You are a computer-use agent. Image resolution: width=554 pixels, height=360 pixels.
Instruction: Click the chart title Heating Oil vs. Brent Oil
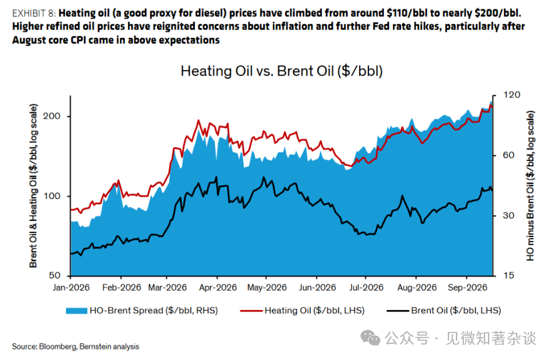282,71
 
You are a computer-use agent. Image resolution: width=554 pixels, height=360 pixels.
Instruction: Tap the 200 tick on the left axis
51,116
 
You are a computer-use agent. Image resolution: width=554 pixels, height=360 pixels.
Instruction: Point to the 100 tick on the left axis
51,196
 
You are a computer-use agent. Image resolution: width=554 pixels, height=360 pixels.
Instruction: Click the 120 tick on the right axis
511,95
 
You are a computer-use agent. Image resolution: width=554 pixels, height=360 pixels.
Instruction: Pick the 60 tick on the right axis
509,155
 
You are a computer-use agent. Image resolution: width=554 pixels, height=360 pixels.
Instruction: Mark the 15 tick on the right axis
509,275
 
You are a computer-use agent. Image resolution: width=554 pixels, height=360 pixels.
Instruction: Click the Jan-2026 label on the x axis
71,287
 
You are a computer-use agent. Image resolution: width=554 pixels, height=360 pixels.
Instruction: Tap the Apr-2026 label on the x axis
218,287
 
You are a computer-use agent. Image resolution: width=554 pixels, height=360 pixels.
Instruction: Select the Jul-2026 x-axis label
366,287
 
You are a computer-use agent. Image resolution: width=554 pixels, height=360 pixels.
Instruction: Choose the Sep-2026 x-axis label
467,287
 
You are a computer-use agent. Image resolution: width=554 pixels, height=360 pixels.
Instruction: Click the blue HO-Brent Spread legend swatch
76,311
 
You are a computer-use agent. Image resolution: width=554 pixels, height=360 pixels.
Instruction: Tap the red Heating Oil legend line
251,311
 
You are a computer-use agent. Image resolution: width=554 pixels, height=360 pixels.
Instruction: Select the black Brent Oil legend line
398,311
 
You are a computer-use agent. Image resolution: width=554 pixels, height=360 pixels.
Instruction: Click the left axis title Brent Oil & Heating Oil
33,186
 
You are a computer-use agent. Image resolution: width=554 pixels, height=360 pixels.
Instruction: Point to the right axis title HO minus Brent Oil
531,186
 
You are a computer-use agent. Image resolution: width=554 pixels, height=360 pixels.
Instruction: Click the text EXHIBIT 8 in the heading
34,13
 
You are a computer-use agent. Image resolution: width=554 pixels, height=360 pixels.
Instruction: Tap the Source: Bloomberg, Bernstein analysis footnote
75,347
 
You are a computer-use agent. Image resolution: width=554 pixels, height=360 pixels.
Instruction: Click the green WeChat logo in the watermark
370,338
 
